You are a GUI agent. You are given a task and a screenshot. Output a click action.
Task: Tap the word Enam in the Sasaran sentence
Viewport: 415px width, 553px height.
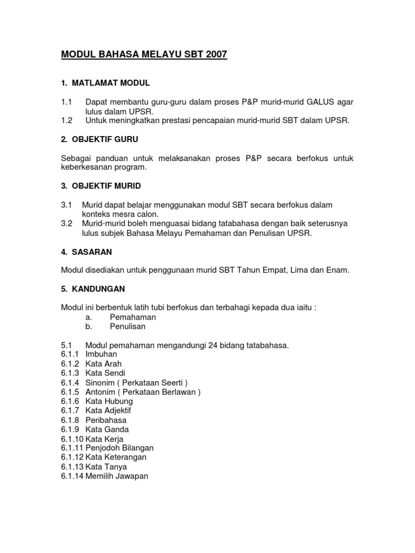(x=339, y=271)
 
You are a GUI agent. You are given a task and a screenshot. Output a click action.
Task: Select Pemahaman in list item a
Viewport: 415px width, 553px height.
(x=132, y=317)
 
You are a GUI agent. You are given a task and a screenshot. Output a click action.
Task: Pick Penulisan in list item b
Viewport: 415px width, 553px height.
(x=128, y=327)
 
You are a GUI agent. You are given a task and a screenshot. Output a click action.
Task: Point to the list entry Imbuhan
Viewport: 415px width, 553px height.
(x=101, y=354)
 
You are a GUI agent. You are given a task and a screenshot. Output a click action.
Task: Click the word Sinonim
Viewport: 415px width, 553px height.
(x=101, y=382)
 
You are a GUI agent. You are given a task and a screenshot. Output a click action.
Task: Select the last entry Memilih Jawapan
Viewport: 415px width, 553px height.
(x=117, y=476)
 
